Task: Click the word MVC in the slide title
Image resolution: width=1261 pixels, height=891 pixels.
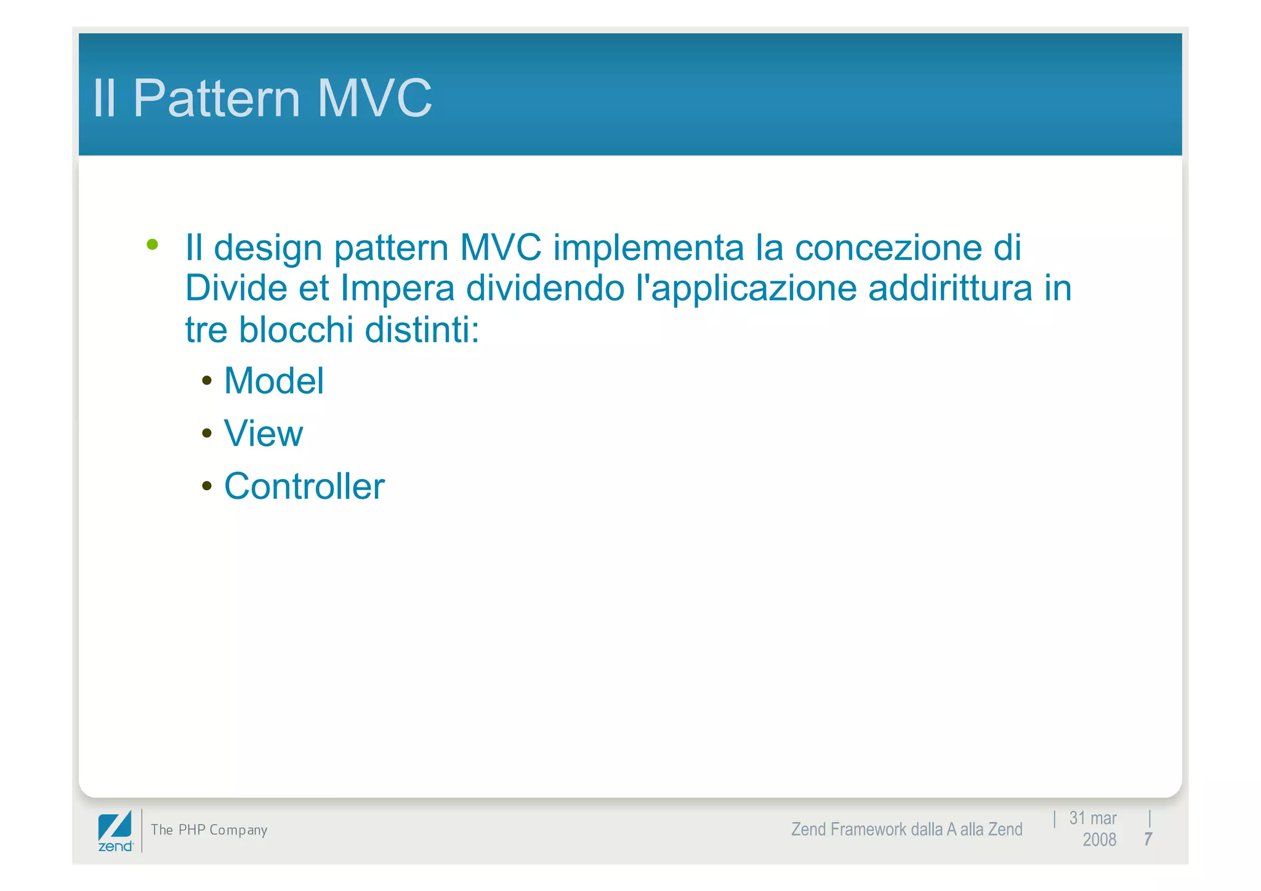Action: (374, 99)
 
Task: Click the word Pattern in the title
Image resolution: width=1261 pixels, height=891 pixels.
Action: (217, 99)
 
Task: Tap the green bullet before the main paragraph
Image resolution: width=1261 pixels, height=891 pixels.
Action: (153, 245)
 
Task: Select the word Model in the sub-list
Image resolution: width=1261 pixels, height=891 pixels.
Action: (273, 381)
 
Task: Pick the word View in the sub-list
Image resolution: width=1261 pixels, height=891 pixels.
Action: (264, 433)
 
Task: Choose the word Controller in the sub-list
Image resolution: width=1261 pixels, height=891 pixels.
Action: (304, 486)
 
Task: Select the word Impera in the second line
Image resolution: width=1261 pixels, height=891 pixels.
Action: (397, 288)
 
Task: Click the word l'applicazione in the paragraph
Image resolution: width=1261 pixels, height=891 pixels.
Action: (746, 288)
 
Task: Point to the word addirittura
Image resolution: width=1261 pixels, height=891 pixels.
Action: (950, 288)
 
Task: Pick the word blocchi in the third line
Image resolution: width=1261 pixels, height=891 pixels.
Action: (296, 329)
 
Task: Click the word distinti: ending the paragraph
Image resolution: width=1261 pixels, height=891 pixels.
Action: (422, 329)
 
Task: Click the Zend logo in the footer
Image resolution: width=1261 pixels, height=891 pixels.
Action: (115, 831)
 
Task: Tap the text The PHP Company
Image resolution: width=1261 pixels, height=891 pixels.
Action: (209, 830)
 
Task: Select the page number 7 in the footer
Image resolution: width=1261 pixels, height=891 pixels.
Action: (1148, 839)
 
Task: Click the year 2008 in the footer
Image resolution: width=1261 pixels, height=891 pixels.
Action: (1099, 840)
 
